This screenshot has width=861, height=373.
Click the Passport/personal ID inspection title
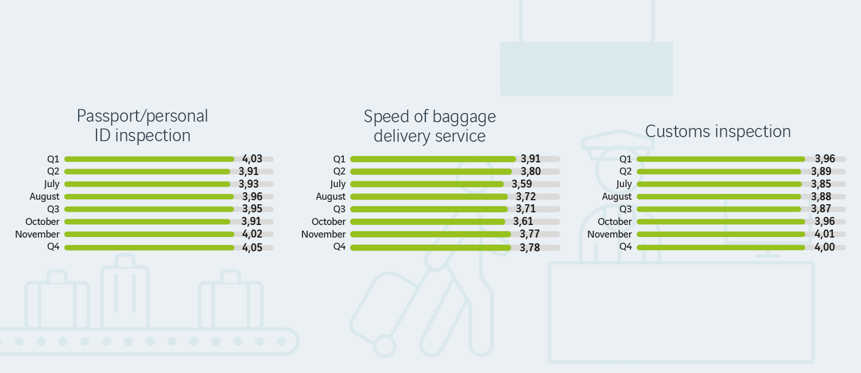142,125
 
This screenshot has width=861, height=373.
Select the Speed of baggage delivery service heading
429,126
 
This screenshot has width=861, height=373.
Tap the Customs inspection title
717,131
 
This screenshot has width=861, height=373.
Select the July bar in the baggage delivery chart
426,184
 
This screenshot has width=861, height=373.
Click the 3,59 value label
522,184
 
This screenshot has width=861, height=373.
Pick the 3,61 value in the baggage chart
523,222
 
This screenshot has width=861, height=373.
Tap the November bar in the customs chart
720,234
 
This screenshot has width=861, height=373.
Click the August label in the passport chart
45,197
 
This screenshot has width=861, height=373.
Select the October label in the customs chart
615,222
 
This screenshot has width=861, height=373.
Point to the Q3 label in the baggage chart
339,209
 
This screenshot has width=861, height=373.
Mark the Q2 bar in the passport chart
147,172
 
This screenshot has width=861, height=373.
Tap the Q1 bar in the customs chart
720,159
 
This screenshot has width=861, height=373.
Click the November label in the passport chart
37,235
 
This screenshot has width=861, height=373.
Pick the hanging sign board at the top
586,68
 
